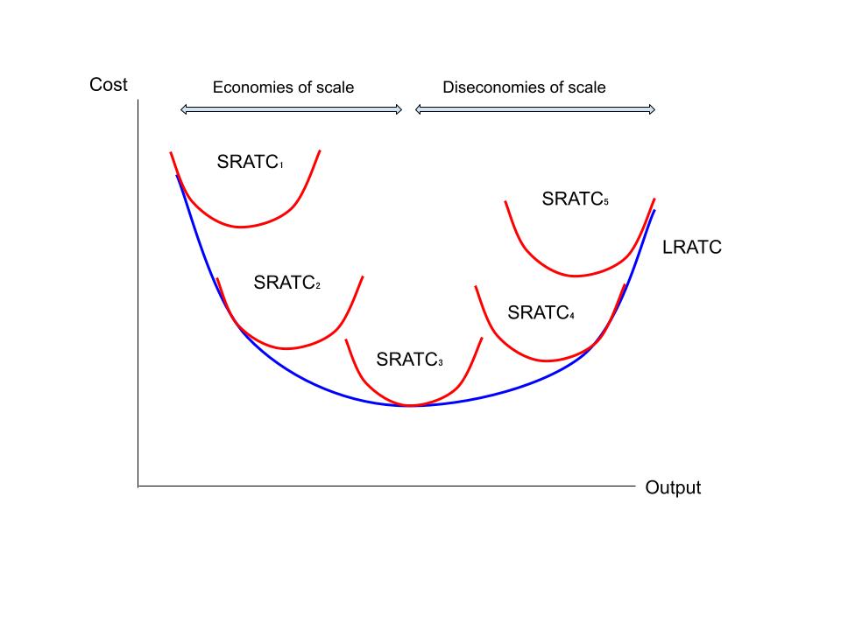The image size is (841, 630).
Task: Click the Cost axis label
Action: coord(108,85)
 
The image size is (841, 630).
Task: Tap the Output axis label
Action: coord(673,488)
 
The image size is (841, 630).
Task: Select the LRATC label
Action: coord(692,248)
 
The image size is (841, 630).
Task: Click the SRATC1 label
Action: coord(250,162)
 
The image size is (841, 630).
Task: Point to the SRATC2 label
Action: coord(286,283)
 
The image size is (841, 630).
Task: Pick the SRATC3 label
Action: coord(409,360)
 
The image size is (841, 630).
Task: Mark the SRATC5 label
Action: coord(575,199)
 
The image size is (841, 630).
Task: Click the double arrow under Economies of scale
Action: coord(291,109)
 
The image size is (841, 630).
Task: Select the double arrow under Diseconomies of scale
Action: coord(535,109)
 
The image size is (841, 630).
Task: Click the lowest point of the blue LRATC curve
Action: coord(410,406)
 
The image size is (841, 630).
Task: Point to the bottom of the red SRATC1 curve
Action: coord(242,227)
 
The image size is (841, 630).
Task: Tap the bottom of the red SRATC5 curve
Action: coord(576,276)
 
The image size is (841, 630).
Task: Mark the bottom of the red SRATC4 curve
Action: coord(550,360)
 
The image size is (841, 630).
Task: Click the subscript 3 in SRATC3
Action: coord(440,364)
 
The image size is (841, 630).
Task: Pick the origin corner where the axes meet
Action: coord(138,485)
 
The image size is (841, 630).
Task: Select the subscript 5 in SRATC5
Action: coord(605,203)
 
